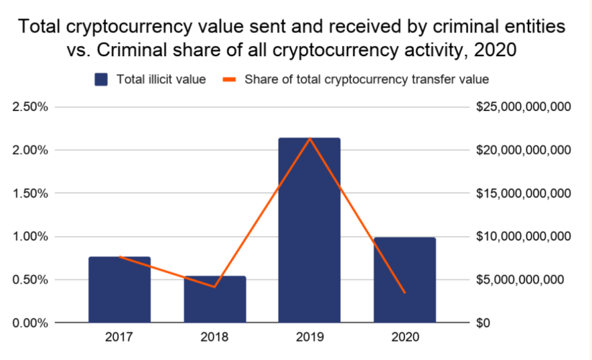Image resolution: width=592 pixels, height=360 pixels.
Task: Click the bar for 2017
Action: click(120, 289)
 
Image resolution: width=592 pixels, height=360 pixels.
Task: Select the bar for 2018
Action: click(215, 299)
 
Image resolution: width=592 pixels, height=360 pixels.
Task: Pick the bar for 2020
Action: click(404, 279)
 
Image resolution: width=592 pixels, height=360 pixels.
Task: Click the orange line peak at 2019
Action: click(310, 138)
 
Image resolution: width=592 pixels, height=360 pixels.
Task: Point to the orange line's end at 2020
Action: click(404, 292)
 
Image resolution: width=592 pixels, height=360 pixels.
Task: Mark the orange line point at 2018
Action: click(215, 287)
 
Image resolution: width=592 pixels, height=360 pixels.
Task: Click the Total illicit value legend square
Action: click(102, 79)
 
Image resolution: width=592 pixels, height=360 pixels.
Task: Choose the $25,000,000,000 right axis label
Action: click(524, 107)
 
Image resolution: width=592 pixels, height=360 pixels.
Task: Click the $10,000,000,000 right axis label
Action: click(524, 237)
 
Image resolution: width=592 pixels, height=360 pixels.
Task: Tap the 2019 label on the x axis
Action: click(310, 337)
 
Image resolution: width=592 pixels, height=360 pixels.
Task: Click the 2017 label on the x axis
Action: click(120, 337)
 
